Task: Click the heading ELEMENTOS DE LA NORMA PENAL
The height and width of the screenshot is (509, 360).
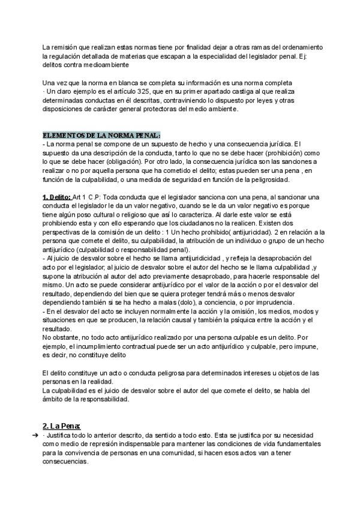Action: pyautogui.click(x=101, y=135)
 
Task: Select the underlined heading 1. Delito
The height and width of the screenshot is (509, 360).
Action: pyautogui.click(x=56, y=197)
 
